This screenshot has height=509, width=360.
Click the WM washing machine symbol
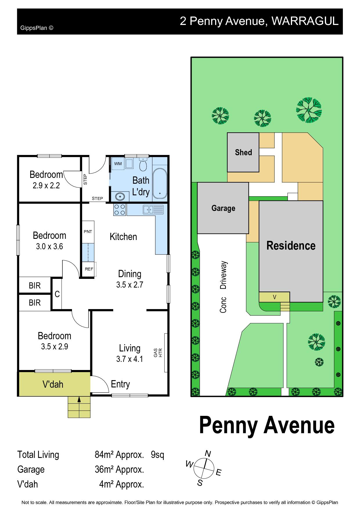pyautogui.click(x=118, y=164)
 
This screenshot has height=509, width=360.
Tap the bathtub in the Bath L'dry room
pyautogui.click(x=160, y=183)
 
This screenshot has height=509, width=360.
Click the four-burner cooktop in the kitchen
pyautogui.click(x=120, y=210)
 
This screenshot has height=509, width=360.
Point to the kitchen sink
pyautogui.click(x=153, y=210)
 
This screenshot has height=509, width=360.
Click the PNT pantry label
pyautogui.click(x=88, y=232)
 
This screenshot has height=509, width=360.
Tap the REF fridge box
pyautogui.click(x=89, y=269)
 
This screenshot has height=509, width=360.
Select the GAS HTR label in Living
pyautogui.click(x=158, y=353)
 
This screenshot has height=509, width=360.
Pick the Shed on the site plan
pyautogui.click(x=243, y=152)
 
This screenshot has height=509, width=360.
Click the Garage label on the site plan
pyautogui.click(x=223, y=208)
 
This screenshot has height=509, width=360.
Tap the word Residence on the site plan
pyautogui.click(x=291, y=246)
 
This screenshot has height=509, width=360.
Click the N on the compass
pyautogui.click(x=208, y=453)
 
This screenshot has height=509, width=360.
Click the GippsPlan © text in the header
pyautogui.click(x=37, y=28)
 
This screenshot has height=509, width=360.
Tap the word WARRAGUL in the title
pyautogui.click(x=305, y=21)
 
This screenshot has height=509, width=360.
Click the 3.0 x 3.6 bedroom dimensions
pyautogui.click(x=49, y=246)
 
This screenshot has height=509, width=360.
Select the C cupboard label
pyautogui.click(x=57, y=294)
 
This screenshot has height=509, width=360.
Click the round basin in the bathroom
pyautogui.click(x=120, y=196)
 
